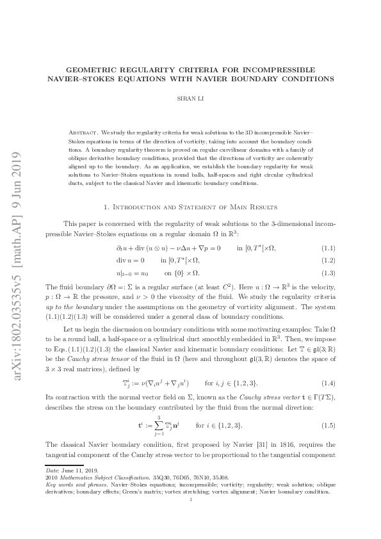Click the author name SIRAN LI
coord(190,100)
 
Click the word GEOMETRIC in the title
coord(97,69)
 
